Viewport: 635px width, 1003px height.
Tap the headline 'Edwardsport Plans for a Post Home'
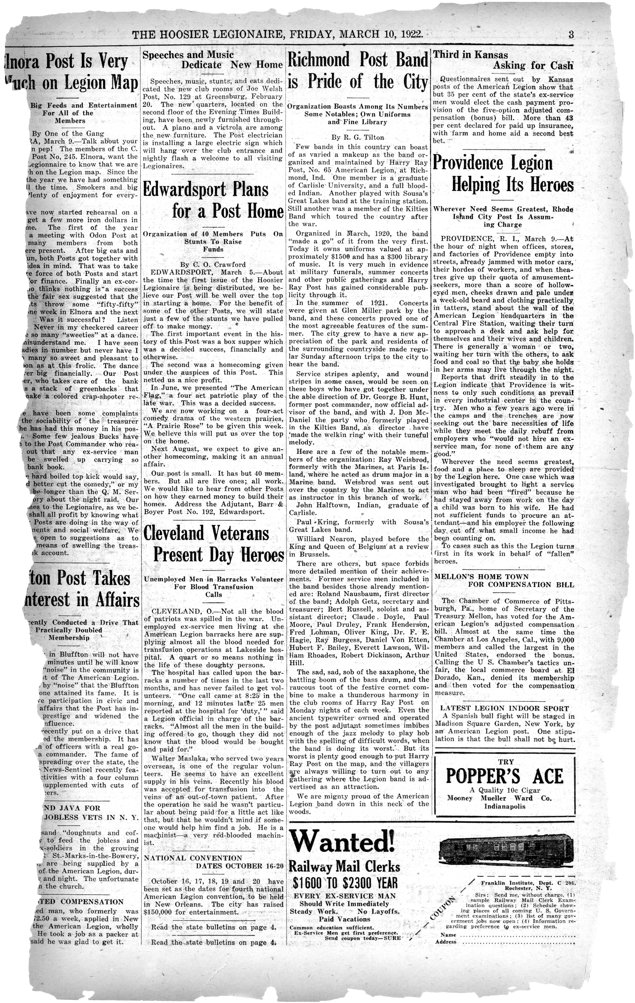pos(213,200)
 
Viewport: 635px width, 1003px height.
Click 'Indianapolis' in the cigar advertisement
pos(504,806)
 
